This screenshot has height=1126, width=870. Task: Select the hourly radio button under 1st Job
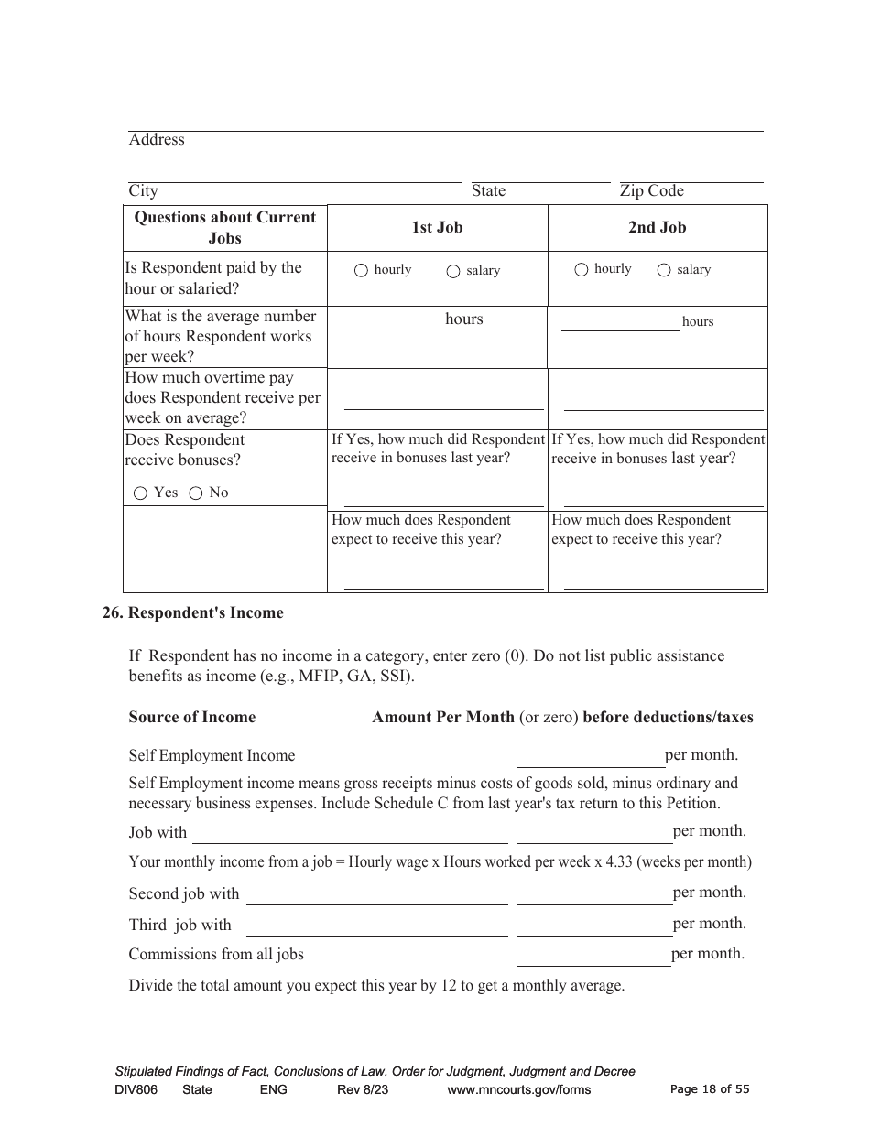coord(361,270)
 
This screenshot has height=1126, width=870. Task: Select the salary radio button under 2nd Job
coord(664,270)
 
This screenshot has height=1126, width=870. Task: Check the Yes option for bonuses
coord(140,493)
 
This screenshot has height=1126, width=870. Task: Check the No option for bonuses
coord(195,493)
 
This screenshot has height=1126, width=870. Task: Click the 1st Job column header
coord(437,228)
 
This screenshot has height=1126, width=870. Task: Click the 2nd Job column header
coord(657,228)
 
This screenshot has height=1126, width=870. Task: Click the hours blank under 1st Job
coord(387,321)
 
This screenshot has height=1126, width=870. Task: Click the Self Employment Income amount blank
coord(591,759)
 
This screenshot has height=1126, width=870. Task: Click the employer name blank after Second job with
coord(376,896)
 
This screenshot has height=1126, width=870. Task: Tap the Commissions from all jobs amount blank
coord(593,958)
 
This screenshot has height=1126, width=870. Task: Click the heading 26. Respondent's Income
coord(192,613)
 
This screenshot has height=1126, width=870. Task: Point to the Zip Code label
coord(651,191)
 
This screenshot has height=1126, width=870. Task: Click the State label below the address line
coord(488,191)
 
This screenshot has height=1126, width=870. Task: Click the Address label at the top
coord(157,140)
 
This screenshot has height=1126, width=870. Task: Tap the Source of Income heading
coord(192,718)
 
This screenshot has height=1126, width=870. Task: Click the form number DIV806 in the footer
coord(136,1090)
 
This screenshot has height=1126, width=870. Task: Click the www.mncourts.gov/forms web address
coord(518,1090)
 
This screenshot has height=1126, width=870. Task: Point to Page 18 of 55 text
coord(710,1089)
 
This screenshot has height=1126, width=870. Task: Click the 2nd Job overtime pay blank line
coord(663,403)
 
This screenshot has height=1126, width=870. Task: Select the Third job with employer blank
coord(376,927)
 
